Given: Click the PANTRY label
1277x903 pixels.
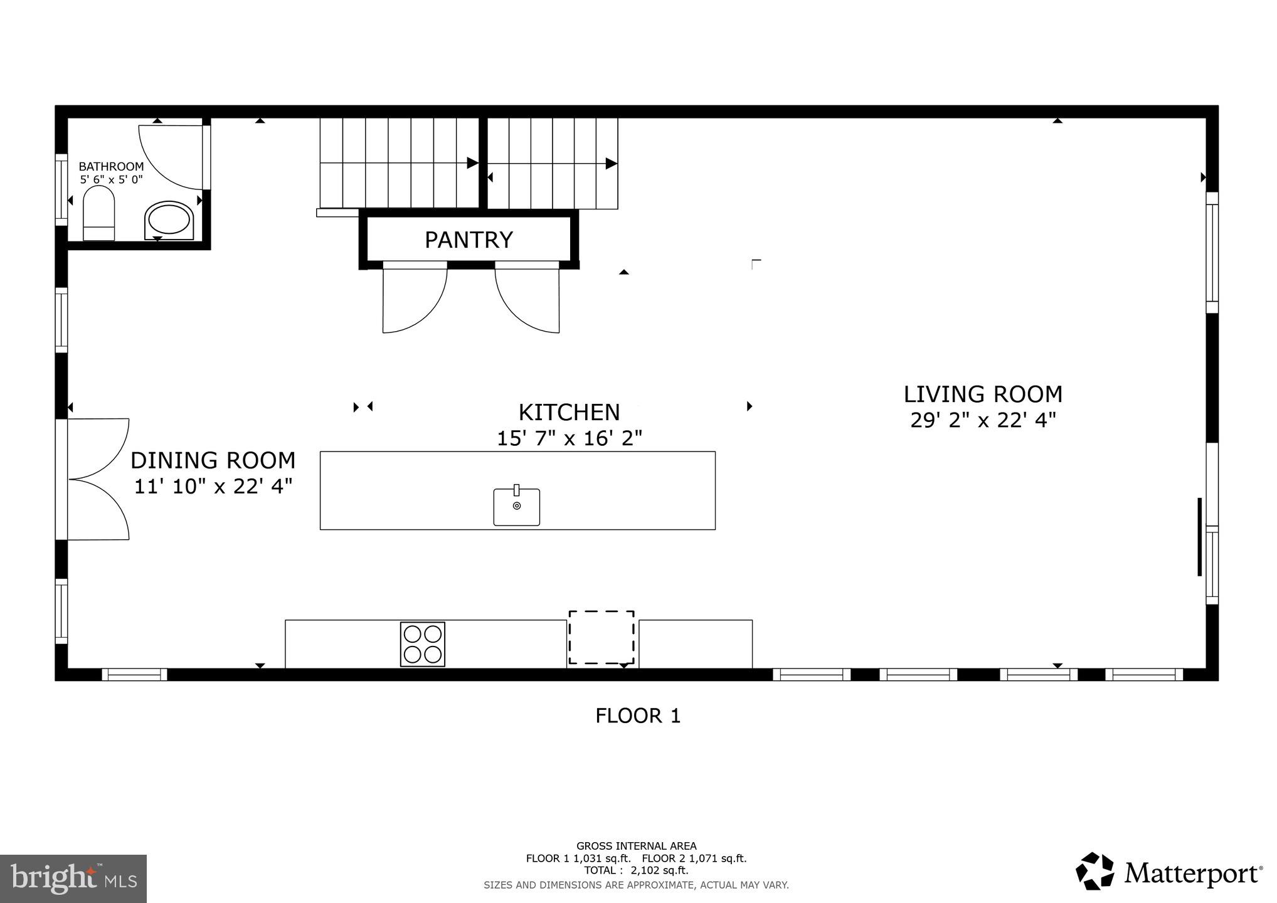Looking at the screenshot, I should [x=469, y=240].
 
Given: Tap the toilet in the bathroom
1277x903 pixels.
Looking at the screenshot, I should [x=99, y=213].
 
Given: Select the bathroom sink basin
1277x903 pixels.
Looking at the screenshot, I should [x=169, y=220].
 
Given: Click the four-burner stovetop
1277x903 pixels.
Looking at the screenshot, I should [x=423, y=644].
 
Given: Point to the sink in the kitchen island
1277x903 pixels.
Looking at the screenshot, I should [x=516, y=507].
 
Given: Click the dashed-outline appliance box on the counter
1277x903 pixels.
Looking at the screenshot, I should [x=601, y=637].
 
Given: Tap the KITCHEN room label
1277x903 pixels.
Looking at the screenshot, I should [x=569, y=413].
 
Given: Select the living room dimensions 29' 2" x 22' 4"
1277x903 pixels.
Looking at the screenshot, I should [x=983, y=420].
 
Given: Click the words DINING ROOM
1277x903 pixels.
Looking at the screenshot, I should [x=213, y=461].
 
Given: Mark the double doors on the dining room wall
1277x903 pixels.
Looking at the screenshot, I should [x=97, y=479].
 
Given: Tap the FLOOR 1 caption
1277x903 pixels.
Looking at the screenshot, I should [x=638, y=716].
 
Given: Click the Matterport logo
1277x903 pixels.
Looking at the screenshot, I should [x=1168, y=872].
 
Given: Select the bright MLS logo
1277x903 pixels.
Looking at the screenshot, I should [x=73, y=879].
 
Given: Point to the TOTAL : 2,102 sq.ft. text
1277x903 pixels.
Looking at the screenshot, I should [x=636, y=870].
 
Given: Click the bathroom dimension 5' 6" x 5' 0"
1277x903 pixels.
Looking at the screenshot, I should [x=111, y=179].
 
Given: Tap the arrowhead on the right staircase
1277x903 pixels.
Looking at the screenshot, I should [x=611, y=164].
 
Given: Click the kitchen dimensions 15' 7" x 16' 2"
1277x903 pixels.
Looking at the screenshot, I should [x=569, y=438].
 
